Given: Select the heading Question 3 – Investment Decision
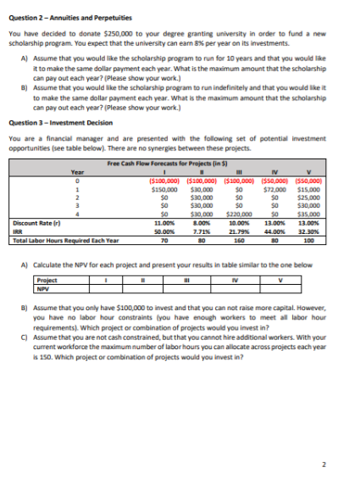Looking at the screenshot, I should pyautogui.click(x=57, y=121).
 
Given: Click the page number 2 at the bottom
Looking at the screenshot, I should pyautogui.click(x=336, y=463).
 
